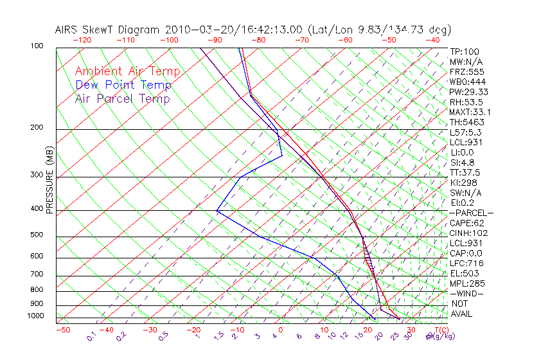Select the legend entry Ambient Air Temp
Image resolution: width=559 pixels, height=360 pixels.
(x=127, y=72)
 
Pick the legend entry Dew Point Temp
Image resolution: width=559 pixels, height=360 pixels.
(x=123, y=85)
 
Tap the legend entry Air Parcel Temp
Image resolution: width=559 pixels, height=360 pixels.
(x=122, y=99)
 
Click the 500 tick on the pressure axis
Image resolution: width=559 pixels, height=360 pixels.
(x=37, y=235)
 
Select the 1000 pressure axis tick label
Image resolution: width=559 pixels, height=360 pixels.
(x=36, y=316)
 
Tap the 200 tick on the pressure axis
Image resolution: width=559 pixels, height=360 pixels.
(x=37, y=127)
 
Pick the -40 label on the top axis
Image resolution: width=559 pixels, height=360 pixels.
(x=433, y=40)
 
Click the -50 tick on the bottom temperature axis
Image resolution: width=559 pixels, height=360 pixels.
(x=62, y=330)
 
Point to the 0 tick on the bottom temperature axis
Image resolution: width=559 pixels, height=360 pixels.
(x=281, y=330)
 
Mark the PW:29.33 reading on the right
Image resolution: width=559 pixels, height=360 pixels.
(x=469, y=92)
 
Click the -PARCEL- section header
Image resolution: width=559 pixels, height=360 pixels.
(x=471, y=213)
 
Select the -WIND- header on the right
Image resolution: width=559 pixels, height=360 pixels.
(x=467, y=294)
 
